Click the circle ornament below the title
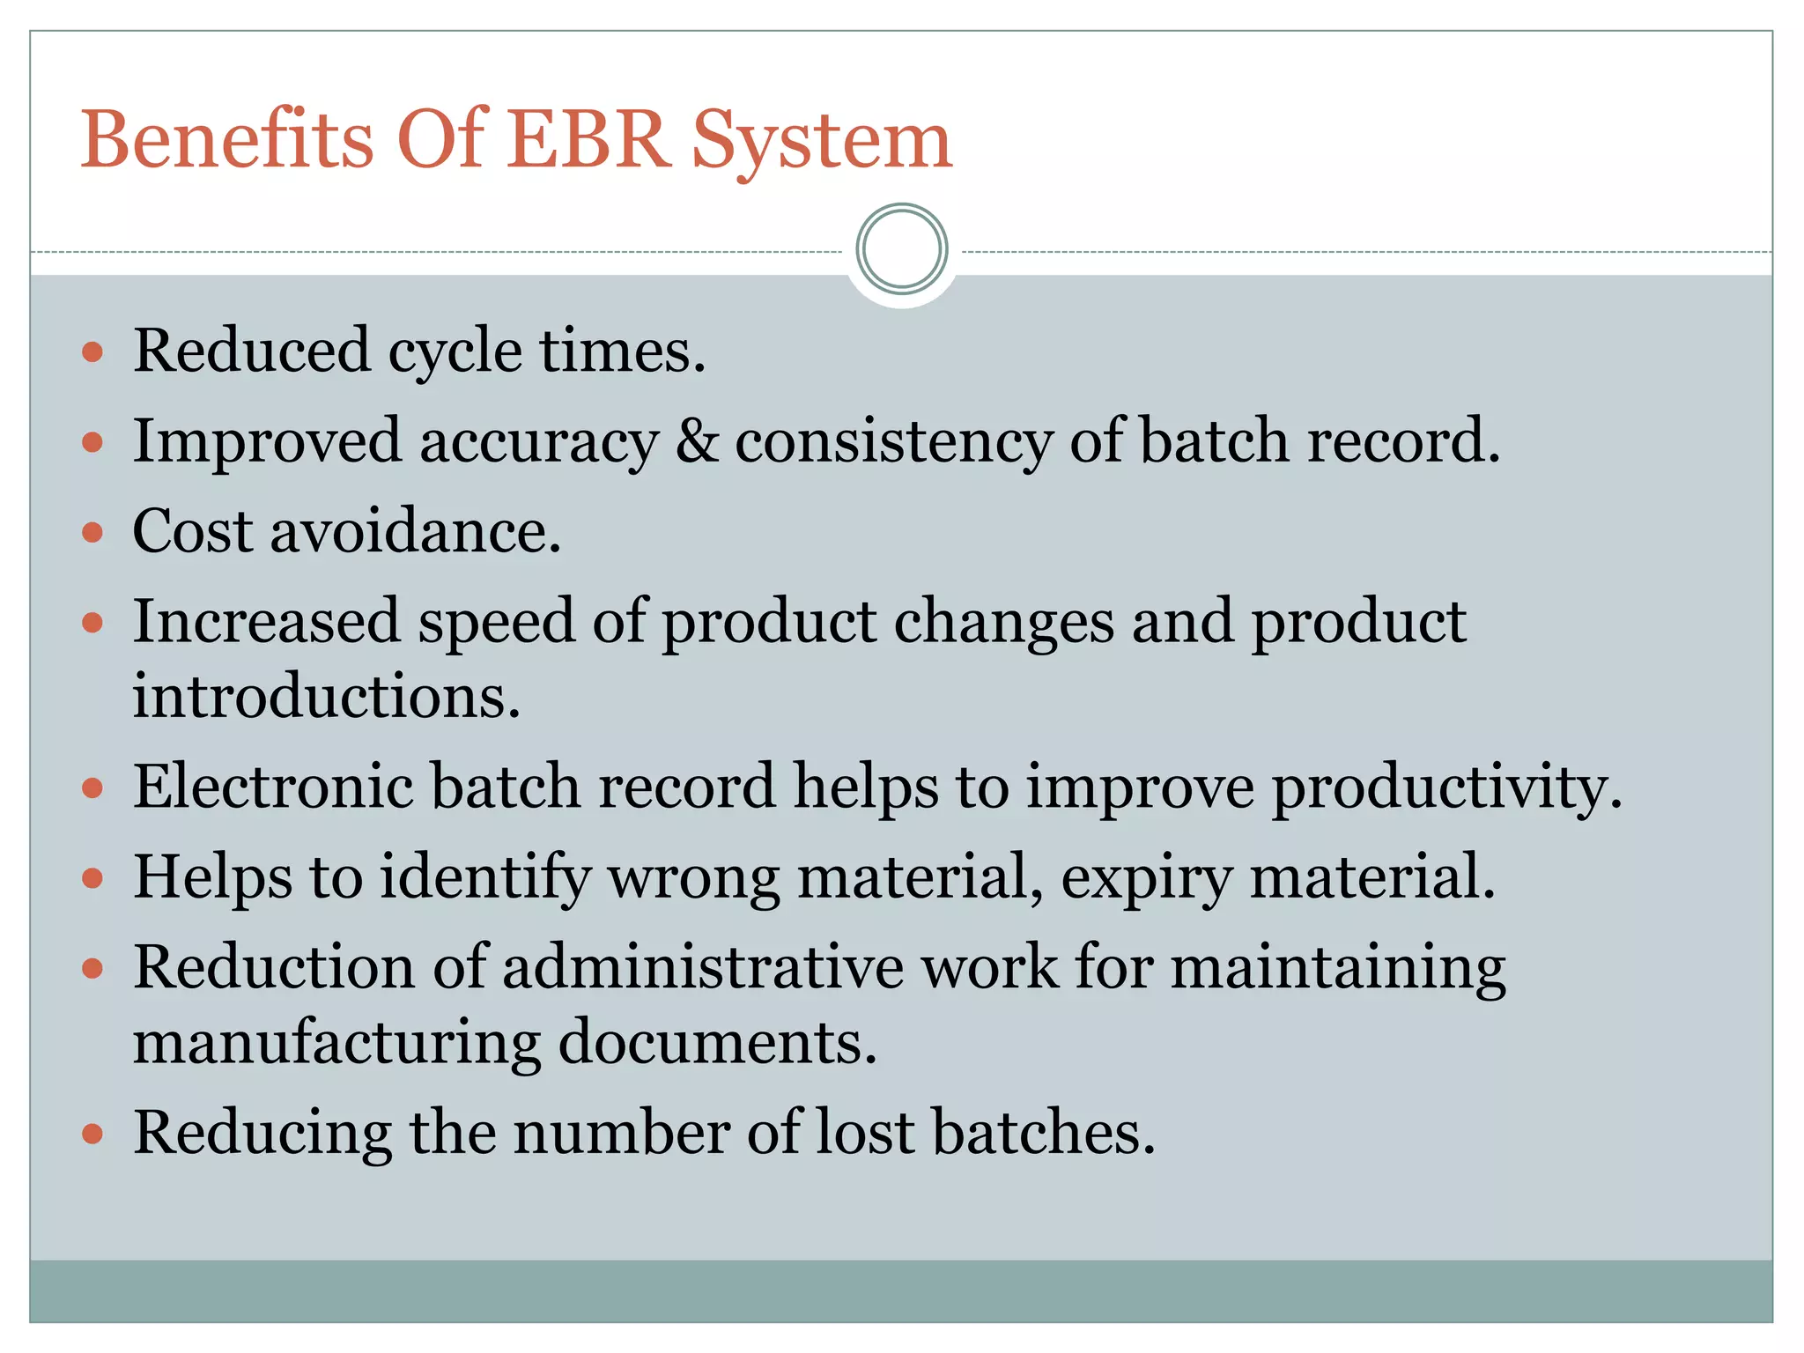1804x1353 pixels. [901, 249]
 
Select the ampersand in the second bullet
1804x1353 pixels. [697, 440]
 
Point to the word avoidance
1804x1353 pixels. [415, 532]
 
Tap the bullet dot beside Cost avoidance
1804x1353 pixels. [92, 533]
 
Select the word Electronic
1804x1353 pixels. [273, 786]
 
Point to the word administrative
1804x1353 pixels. [703, 967]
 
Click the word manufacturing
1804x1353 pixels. [336, 1043]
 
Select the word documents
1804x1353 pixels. [717, 1043]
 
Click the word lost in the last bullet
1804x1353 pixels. [865, 1132]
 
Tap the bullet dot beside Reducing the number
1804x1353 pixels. [92, 1134]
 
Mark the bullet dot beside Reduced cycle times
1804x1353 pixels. [92, 353]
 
